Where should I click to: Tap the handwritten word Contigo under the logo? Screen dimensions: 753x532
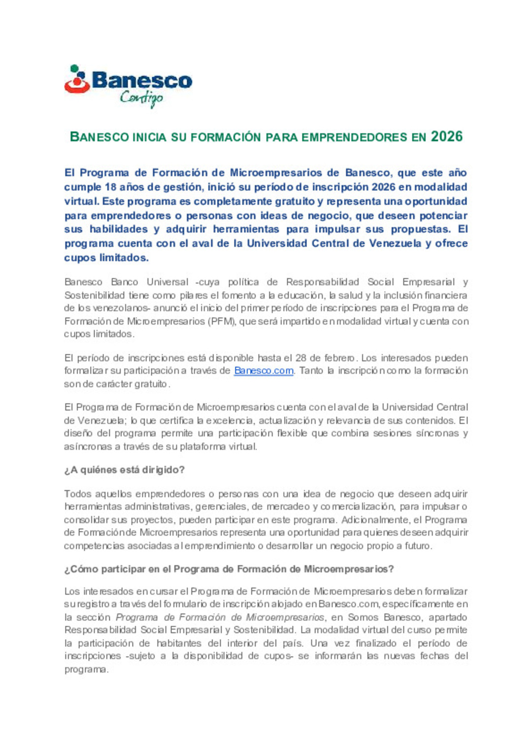pyautogui.click(x=141, y=98)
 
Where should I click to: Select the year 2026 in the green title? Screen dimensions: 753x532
pyautogui.click(x=446, y=137)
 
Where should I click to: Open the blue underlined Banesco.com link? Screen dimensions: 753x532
pyautogui.click(x=264, y=371)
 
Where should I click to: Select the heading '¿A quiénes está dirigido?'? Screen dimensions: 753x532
pyautogui.click(x=124, y=470)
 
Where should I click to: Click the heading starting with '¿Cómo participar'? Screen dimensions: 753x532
pyautogui.click(x=229, y=569)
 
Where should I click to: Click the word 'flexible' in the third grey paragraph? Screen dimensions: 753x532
pyautogui.click(x=299, y=433)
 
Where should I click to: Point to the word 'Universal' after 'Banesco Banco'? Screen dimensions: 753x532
pyautogui.click(x=167, y=282)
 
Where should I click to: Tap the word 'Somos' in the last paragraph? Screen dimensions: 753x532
pyautogui.click(x=363, y=617)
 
